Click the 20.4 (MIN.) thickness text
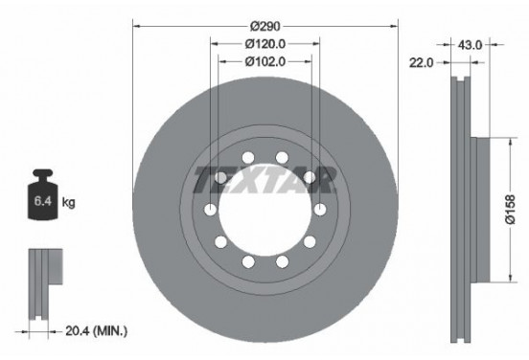[95, 331]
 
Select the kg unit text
[69, 203]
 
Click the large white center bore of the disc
[264, 210]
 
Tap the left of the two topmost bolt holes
[247, 158]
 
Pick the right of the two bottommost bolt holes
[282, 261]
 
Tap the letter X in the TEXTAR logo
[252, 179]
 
